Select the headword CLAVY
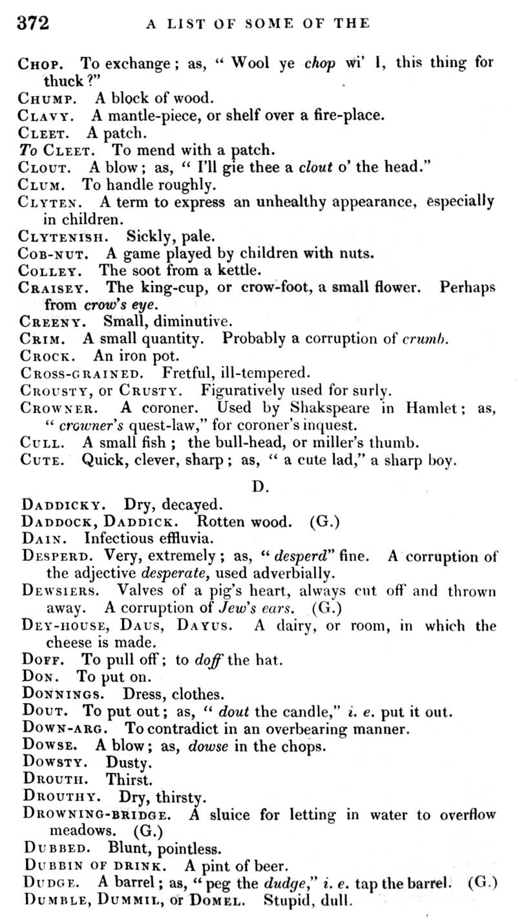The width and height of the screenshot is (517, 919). click(49, 117)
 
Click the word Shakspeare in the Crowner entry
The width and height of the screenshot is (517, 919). click(330, 408)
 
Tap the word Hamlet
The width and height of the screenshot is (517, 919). click(432, 408)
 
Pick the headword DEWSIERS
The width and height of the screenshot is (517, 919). click(61, 591)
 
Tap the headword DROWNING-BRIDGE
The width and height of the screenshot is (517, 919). click(97, 814)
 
